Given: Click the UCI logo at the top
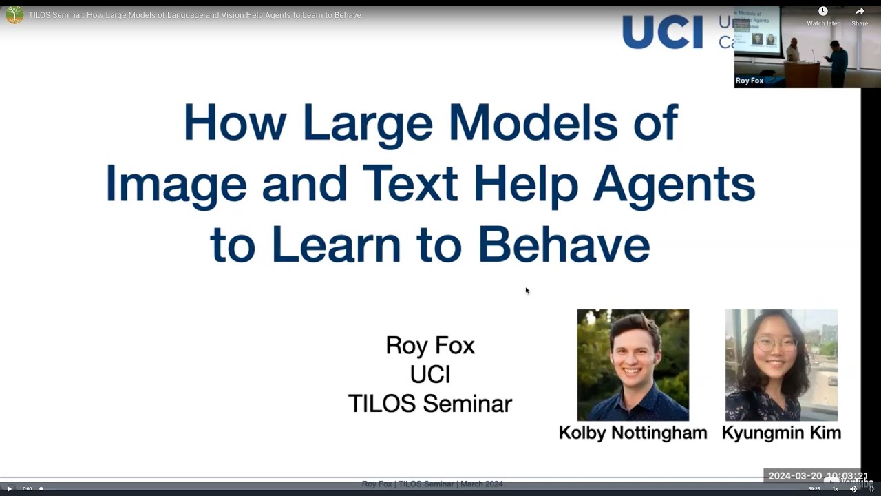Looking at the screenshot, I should point(662,32).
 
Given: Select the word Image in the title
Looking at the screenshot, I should point(176,185).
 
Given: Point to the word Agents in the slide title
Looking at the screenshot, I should point(674,185).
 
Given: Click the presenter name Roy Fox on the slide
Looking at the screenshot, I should point(430,345).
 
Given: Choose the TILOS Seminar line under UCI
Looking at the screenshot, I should point(430,404).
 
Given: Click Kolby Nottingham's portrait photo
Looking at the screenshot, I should point(633,364).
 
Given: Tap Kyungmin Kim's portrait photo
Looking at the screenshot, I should point(781,364).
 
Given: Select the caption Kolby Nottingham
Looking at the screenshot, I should point(633,433).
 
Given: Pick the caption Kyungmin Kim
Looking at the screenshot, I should point(781,433).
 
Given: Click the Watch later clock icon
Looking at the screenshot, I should point(822,12).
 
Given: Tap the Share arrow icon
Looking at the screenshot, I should point(860,12).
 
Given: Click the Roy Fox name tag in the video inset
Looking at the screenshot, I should point(750,81).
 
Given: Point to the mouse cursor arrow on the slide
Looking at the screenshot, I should point(527,291).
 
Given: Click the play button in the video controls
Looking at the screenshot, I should point(10,489).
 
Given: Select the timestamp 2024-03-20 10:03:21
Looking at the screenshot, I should point(817,476).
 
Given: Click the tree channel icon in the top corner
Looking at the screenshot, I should point(14,15).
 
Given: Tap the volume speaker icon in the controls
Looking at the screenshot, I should point(853,489).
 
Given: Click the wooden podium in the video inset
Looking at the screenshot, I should point(801,74).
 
